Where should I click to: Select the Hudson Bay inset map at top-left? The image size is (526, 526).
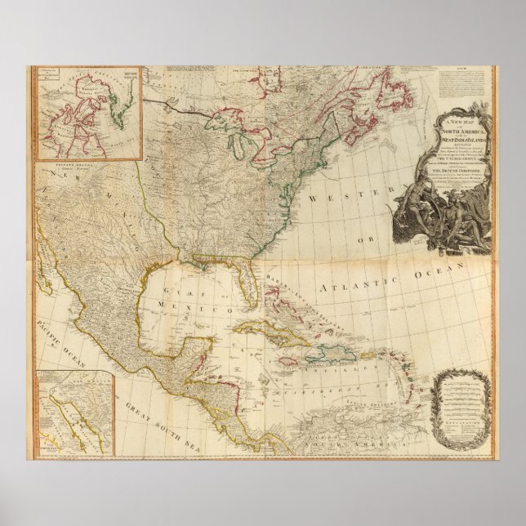point(87,113)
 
